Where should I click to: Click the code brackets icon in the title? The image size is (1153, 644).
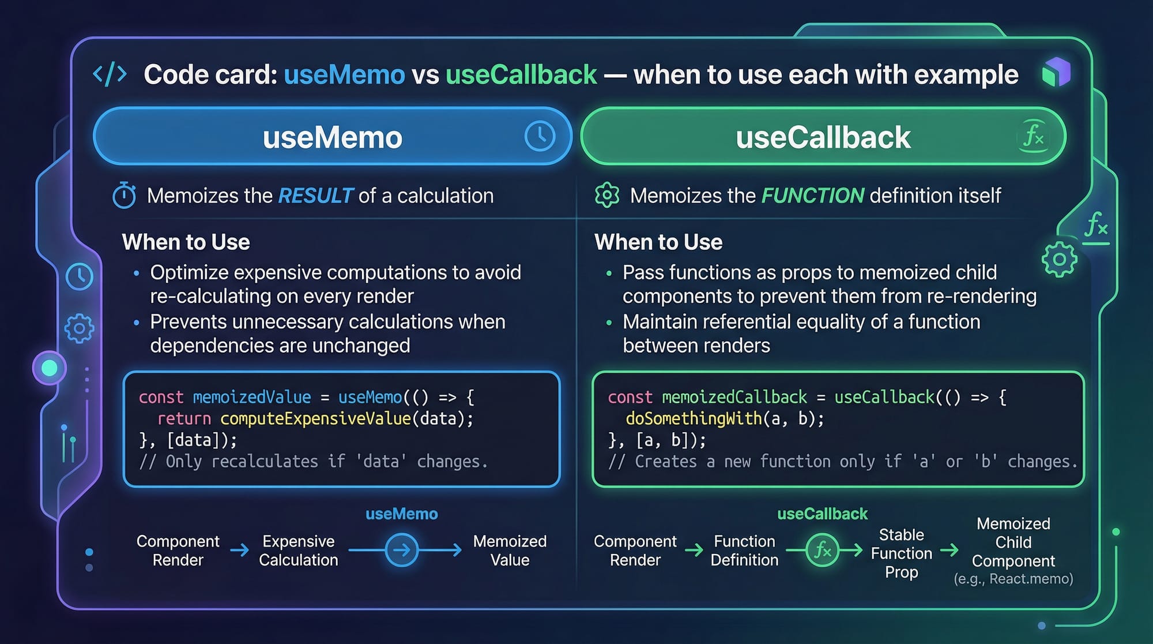point(110,75)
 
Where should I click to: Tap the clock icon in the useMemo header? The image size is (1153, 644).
point(540,136)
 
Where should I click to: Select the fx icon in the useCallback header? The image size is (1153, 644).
point(1033,136)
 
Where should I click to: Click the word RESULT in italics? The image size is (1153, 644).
point(315,196)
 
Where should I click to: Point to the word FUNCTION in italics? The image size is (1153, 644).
point(813,196)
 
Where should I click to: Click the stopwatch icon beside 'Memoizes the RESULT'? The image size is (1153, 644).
point(124,196)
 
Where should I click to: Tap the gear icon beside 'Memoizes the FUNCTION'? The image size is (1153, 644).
point(607,195)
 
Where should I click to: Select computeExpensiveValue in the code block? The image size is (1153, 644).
point(316,418)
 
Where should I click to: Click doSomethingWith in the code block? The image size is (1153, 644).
point(694,418)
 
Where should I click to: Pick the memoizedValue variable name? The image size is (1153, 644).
point(252,397)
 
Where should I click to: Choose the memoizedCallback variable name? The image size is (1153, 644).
point(734,397)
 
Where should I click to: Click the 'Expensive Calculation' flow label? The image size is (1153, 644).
point(299,551)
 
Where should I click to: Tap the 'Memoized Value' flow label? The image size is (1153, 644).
point(510,551)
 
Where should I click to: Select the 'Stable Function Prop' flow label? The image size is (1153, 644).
point(902,553)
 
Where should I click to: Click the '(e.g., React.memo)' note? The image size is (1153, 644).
point(1013,579)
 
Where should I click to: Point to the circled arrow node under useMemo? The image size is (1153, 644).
point(401,550)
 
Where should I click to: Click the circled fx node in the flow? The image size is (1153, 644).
point(822,550)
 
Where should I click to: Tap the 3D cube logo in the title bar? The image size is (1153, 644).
point(1056,73)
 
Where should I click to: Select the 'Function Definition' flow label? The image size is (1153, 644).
point(744,551)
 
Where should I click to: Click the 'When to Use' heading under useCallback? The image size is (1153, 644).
point(658,242)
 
